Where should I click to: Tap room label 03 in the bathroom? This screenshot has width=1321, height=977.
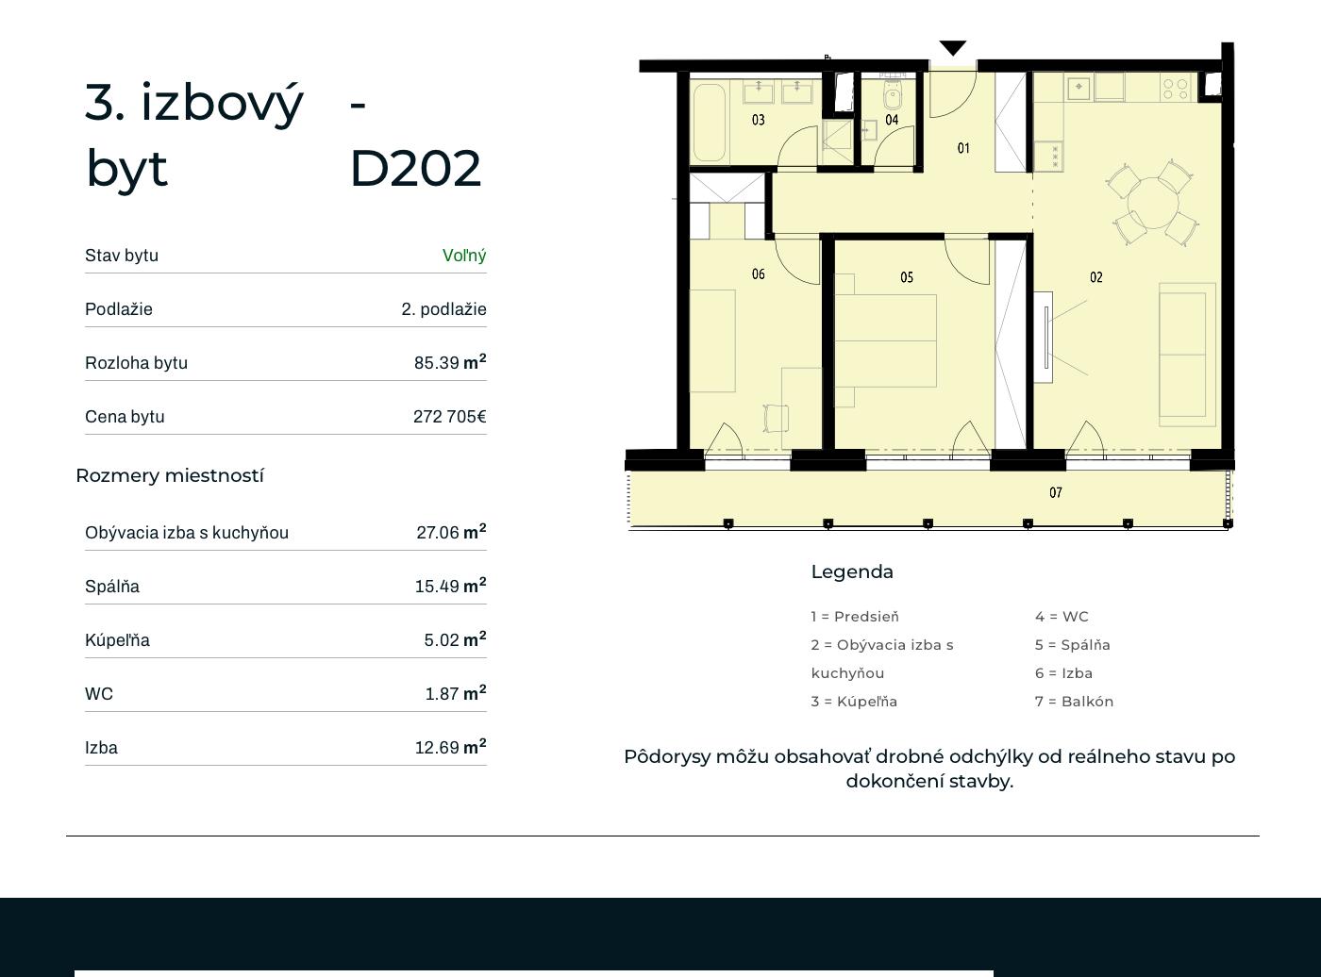pyautogui.click(x=759, y=120)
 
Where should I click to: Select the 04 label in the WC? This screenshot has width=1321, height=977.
pyautogui.click(x=892, y=120)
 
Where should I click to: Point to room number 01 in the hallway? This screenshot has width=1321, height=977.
pyautogui.click(x=963, y=148)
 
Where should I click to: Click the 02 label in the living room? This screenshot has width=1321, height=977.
pyautogui.click(x=1095, y=277)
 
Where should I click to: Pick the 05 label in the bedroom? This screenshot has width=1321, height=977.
pyautogui.click(x=907, y=277)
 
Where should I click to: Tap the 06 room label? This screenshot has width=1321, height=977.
pyautogui.click(x=759, y=273)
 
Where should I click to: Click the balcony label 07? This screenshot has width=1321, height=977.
pyautogui.click(x=1055, y=492)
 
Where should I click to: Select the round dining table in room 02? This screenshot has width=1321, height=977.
pyautogui.click(x=1153, y=203)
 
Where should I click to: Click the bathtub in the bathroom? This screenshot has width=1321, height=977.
pyautogui.click(x=710, y=123)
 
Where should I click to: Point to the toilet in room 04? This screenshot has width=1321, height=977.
pyautogui.click(x=893, y=94)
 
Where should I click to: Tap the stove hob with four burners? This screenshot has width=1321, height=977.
pyautogui.click(x=1176, y=89)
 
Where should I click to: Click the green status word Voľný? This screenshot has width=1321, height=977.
pyautogui.click(x=464, y=256)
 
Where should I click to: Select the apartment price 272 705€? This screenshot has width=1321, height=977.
pyautogui.click(x=450, y=416)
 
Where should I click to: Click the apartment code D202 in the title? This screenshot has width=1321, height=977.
pyautogui.click(x=415, y=169)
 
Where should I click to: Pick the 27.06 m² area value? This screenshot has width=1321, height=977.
pyautogui.click(x=451, y=531)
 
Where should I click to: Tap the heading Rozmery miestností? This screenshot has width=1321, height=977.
pyautogui.click(x=170, y=475)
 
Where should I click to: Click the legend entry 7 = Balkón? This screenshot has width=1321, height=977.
pyautogui.click(x=1074, y=702)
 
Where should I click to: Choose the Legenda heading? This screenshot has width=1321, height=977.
pyautogui.click(x=852, y=572)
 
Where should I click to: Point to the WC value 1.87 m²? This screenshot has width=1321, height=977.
pyautogui.click(x=456, y=692)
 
